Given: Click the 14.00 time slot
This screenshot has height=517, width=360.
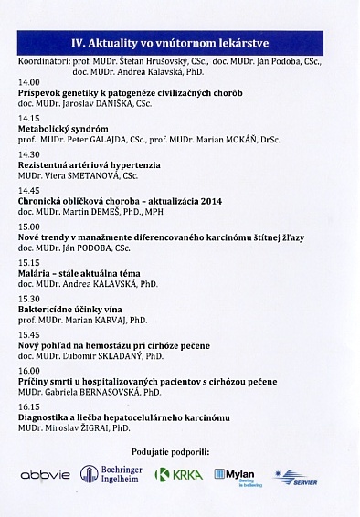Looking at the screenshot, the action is (29, 81).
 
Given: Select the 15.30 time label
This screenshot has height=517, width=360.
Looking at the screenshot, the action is (29, 298).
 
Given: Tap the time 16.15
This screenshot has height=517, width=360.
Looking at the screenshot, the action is (29, 406).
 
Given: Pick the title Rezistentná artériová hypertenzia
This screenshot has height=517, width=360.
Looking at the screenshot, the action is (88, 165).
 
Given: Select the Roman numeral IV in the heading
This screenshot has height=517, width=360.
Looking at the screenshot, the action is (78, 41).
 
